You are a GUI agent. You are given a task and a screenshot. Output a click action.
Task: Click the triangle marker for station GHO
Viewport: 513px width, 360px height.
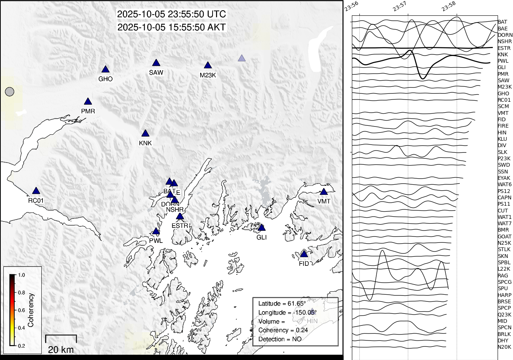click(x=106, y=69)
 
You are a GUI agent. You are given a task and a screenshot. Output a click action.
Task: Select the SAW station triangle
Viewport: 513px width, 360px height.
click(x=156, y=63)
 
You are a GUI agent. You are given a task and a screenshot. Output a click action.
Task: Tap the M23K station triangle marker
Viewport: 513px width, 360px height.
click(x=208, y=66)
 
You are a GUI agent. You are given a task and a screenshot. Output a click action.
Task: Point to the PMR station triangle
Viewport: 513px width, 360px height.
click(x=88, y=102)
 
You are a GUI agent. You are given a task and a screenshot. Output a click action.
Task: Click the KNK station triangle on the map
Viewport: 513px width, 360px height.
click(x=145, y=134)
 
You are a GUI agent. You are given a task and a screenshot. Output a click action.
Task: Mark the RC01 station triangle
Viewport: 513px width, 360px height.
click(x=36, y=191)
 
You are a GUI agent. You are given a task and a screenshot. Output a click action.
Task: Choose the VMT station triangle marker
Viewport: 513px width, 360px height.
click(x=324, y=192)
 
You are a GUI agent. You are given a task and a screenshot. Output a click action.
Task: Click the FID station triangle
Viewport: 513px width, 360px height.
click(x=304, y=255)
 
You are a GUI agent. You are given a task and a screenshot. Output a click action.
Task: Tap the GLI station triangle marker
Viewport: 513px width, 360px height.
click(x=262, y=228)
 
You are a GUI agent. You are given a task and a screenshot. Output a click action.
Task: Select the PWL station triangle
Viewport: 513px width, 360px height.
click(x=156, y=231)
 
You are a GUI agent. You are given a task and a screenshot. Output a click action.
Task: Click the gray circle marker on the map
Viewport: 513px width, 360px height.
click(x=10, y=92)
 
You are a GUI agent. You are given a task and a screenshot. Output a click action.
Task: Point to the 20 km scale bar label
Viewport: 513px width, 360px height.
click(x=61, y=350)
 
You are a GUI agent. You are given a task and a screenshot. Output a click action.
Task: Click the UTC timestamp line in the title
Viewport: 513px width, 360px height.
click(x=172, y=14)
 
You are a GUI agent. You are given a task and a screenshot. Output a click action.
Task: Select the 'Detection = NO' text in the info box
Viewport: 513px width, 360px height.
click(x=280, y=339)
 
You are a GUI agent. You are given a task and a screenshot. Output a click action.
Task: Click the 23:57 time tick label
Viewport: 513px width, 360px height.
click(x=400, y=6)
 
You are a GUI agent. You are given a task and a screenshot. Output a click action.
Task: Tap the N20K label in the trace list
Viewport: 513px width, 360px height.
click(x=504, y=347)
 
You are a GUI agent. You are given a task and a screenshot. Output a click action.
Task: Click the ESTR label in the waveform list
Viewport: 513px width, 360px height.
click(x=504, y=48)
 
